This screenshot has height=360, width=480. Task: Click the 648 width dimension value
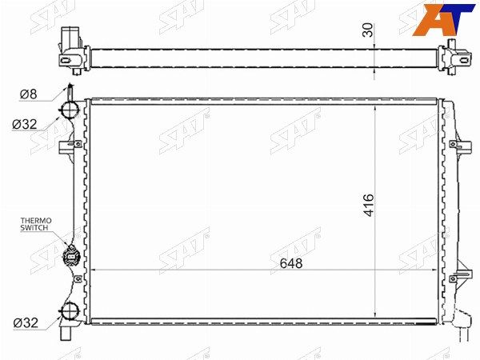pyautogui.click(x=291, y=263)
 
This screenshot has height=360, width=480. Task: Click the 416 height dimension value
pyautogui.click(x=369, y=205)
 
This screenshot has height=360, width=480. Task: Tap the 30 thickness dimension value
pyautogui.click(x=368, y=30)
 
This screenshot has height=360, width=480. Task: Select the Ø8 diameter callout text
pyautogui.click(x=28, y=94)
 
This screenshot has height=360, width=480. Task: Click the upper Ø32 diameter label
pyautogui.click(x=25, y=124)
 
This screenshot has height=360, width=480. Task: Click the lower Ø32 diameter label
pyautogui.click(x=26, y=322)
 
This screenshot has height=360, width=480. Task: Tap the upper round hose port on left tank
pyautogui.click(x=70, y=110)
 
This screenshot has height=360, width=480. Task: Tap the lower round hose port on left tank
pyautogui.click(x=70, y=311)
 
